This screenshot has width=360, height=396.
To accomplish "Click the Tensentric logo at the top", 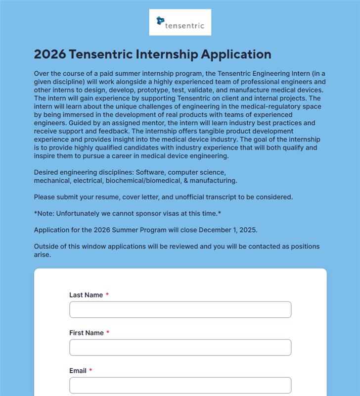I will (180, 22).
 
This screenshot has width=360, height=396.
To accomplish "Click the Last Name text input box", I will (180, 309).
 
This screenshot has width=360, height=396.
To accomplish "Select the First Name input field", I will (180, 347).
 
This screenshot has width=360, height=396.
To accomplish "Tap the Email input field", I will (180, 385).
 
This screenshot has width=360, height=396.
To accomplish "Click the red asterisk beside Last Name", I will (107, 295).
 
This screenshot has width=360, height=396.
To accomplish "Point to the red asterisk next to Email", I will (91, 371).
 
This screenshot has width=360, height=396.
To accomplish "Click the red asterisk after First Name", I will (108, 333).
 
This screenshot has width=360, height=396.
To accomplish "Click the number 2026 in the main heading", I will (50, 54).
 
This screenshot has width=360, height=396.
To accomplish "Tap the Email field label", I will (78, 371).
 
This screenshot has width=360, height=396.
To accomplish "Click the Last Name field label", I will (86, 295).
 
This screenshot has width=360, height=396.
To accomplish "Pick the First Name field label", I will (87, 333).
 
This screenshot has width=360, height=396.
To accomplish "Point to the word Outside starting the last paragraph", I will (47, 247).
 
